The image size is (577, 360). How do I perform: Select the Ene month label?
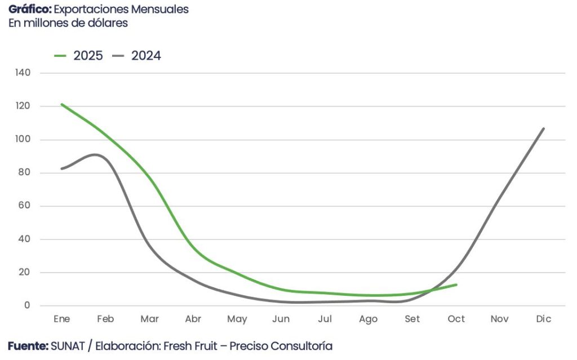(62, 319)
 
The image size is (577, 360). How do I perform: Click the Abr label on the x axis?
(193, 319)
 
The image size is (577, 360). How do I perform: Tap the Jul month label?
(325, 319)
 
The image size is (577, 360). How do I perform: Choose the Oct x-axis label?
(456, 319)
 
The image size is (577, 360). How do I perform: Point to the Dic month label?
(544, 319)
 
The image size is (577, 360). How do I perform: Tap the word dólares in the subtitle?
(108, 23)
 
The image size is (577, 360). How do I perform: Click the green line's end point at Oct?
(456, 285)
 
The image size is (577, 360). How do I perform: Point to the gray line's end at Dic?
(544, 128)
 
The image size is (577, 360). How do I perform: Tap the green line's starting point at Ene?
(62, 104)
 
